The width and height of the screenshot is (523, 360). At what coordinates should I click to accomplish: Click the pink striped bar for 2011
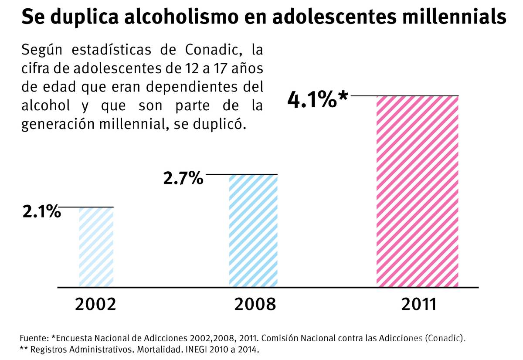tap(418, 192)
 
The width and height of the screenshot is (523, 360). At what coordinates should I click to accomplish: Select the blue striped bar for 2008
tap(253, 231)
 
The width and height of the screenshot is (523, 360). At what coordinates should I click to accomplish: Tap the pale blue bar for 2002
tap(96, 247)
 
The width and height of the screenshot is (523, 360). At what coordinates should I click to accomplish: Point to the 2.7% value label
tap(183, 178)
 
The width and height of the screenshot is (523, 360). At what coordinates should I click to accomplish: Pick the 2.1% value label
tap(41, 212)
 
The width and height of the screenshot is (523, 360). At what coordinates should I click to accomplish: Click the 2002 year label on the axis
tap(96, 304)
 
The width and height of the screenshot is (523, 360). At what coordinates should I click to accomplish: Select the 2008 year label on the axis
tap(255, 304)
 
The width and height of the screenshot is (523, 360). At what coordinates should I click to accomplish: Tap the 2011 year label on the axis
tap(419, 304)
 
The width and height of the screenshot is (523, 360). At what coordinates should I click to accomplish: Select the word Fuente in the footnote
tap(34, 338)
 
